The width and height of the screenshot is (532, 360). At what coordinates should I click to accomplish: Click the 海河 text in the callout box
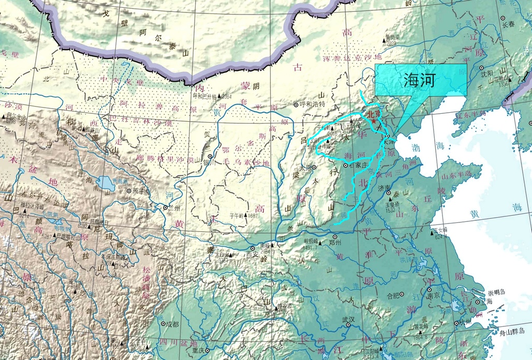click(420, 80)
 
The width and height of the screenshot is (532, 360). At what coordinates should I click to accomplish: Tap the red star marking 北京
click(374, 120)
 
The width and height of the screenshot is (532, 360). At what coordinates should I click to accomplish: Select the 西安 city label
click(252, 254)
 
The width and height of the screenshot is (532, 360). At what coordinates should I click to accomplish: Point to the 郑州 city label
click(336, 242)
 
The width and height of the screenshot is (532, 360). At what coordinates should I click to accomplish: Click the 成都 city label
click(172, 324)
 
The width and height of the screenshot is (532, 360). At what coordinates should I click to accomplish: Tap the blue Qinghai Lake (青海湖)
click(107, 183)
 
